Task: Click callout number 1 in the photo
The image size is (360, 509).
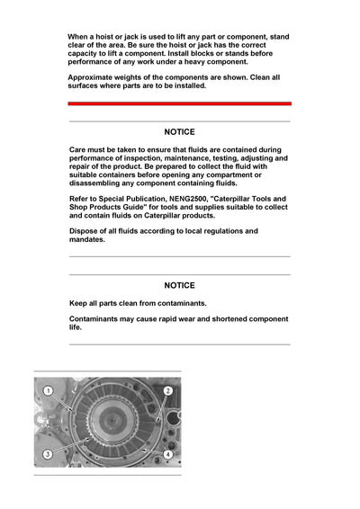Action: click(48, 391)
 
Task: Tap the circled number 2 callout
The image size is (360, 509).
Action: click(168, 391)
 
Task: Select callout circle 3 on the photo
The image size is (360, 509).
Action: click(48, 454)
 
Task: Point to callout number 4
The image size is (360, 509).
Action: click(168, 454)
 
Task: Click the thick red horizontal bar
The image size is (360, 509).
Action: click(180, 104)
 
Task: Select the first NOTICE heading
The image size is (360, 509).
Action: click(180, 132)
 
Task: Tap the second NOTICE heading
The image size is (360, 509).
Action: click(180, 285)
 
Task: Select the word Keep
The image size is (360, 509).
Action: click(79, 303)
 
